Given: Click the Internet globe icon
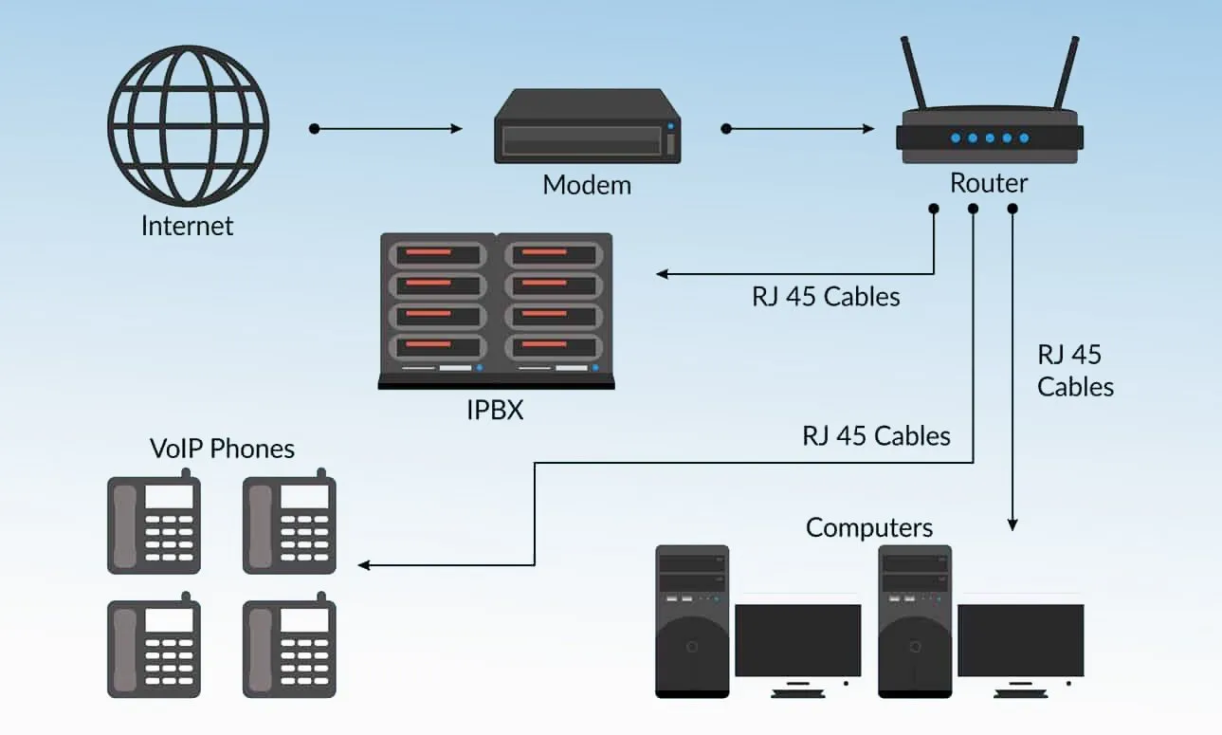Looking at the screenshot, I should [x=188, y=127].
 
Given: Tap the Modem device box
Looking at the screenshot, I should [x=587, y=127].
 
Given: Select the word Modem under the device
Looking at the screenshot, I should [x=587, y=184].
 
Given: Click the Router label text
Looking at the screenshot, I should [x=989, y=183].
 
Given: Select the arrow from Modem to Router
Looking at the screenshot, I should [x=797, y=128].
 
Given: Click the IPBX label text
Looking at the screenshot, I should [x=495, y=411].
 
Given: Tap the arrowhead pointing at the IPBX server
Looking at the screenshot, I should [x=663, y=274].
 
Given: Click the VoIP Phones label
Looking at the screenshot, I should [x=222, y=448].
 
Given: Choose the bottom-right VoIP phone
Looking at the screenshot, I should [x=289, y=649].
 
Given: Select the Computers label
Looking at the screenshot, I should [x=869, y=527].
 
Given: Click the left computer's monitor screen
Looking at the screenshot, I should [x=797, y=639].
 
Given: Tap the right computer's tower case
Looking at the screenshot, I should [x=916, y=621].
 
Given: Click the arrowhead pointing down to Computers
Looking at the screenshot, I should [x=1012, y=524].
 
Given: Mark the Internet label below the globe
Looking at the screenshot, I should [x=187, y=226].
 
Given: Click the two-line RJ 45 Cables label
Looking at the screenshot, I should [x=1074, y=370].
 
